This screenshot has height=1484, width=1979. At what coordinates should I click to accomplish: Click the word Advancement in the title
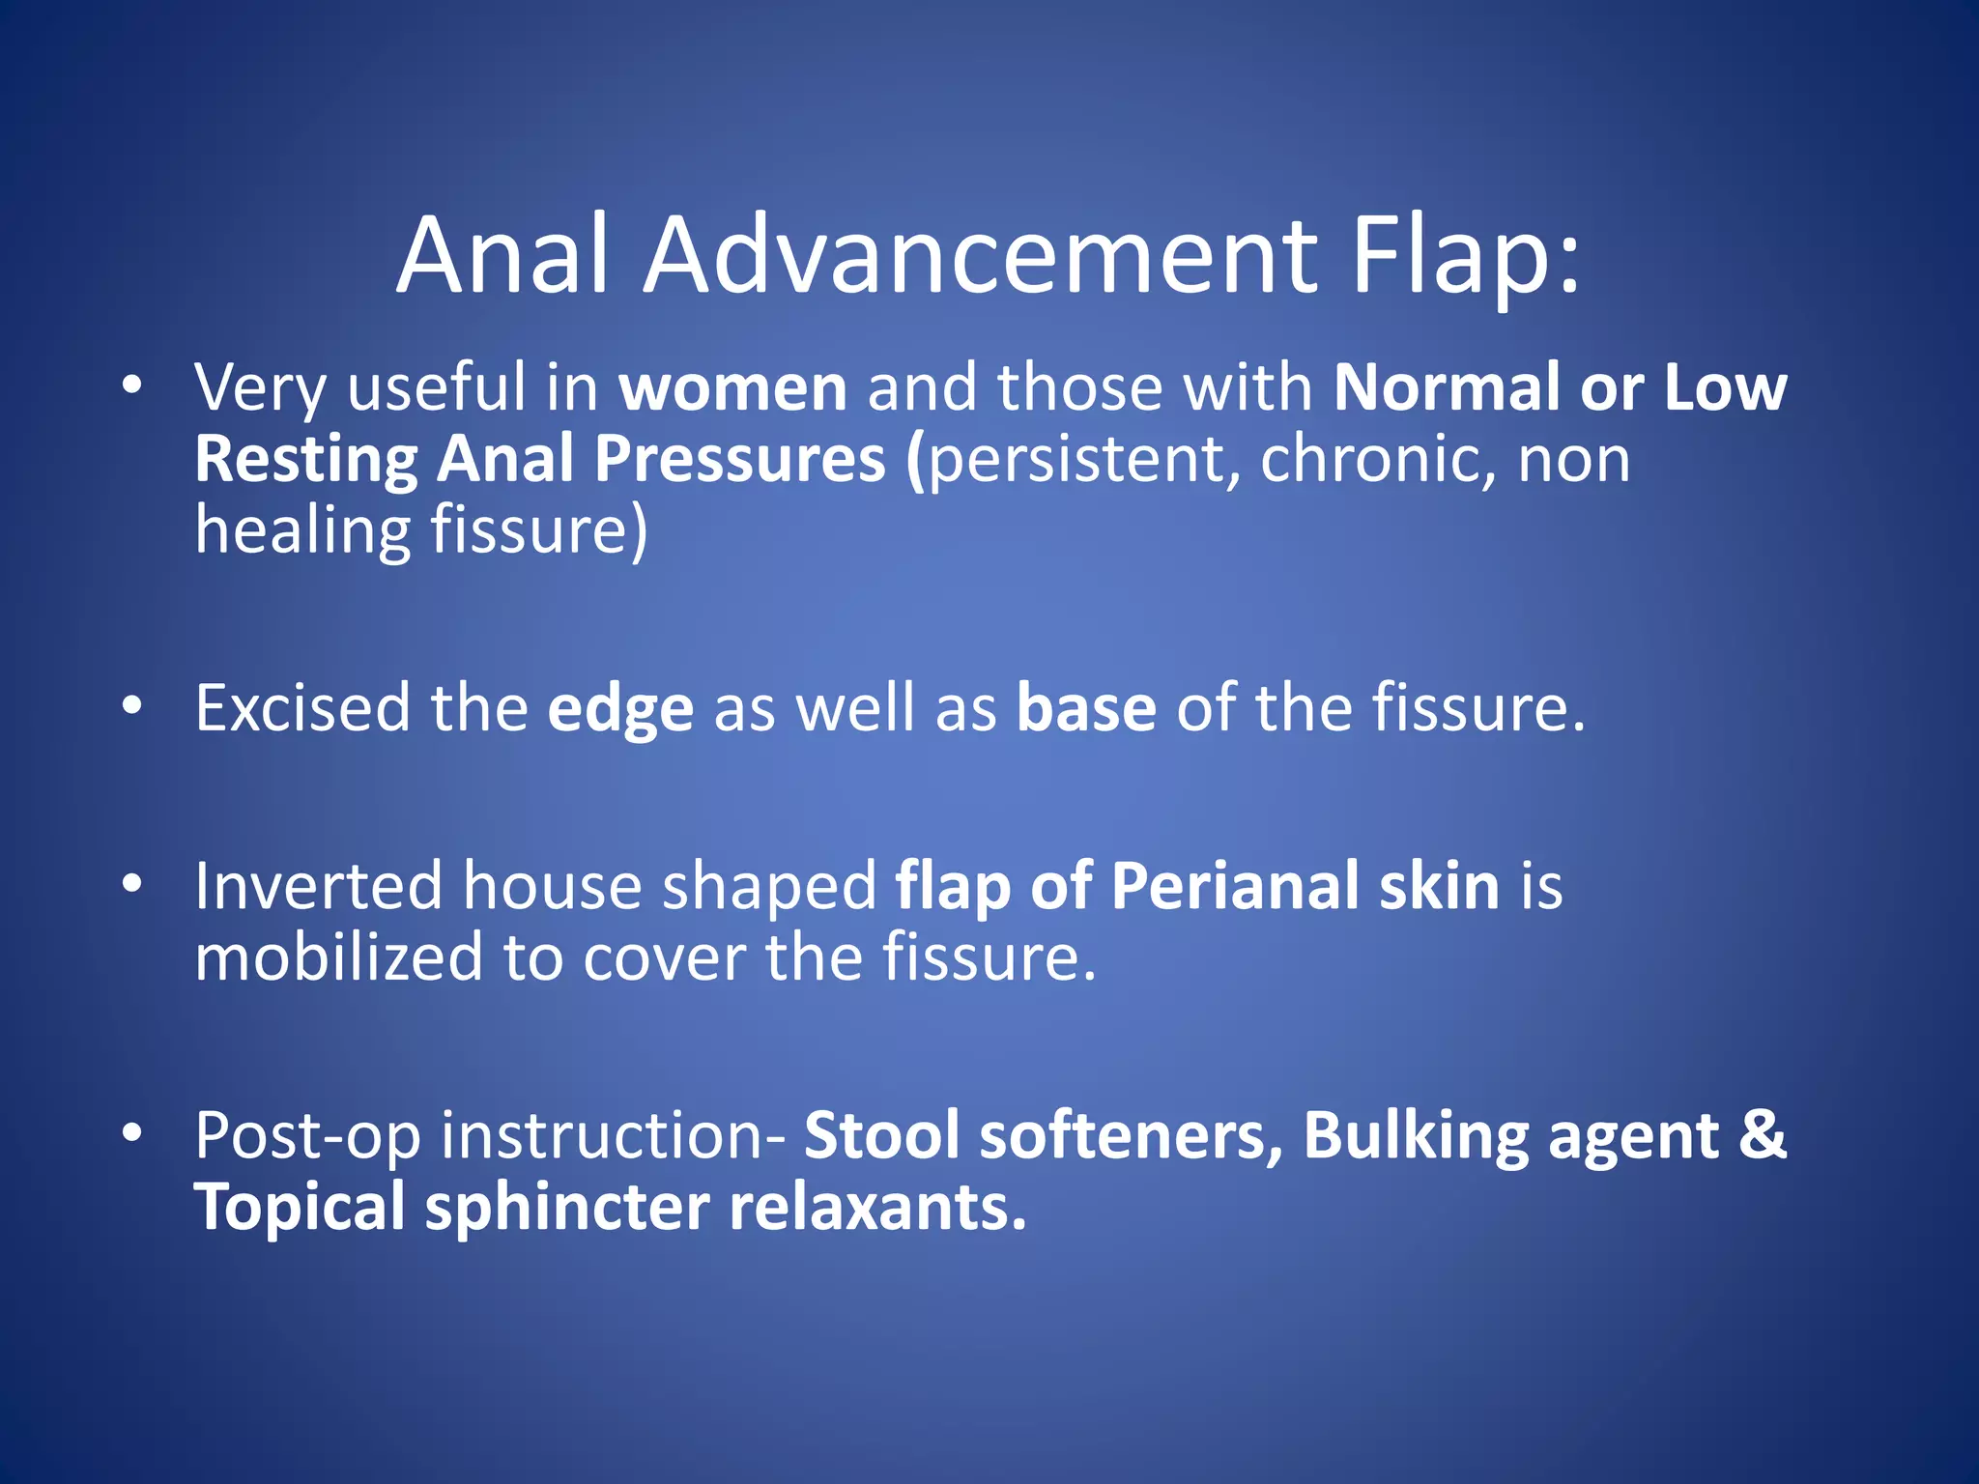tap(981, 256)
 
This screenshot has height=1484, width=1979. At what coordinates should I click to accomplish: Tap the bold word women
tap(732, 388)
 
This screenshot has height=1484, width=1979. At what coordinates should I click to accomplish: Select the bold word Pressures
tap(739, 460)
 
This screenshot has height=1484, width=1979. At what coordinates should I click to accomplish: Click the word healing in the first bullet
tap(301, 531)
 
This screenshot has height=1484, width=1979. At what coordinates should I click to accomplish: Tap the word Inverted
tap(319, 887)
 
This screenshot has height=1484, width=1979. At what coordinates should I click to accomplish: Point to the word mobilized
tap(338, 958)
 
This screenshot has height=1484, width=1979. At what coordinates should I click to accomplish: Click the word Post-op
tap(307, 1137)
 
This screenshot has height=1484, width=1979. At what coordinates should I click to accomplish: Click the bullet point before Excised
tap(132, 706)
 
